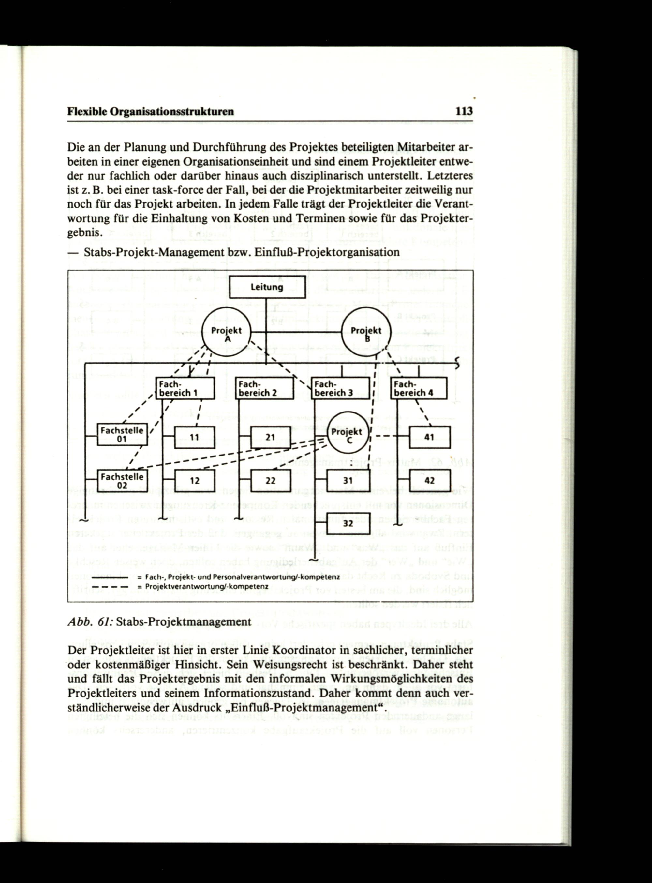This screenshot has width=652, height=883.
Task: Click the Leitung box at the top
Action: point(267,287)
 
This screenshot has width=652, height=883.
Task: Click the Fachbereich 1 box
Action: point(185,388)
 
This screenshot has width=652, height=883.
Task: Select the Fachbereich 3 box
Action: point(341,388)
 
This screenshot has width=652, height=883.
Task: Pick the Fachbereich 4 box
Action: point(419,388)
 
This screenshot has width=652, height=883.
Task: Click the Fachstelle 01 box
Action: point(122,434)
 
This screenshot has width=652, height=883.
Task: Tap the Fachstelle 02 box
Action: point(122,480)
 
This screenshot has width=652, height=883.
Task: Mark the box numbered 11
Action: point(194,437)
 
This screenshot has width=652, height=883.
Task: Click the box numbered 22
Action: point(271,480)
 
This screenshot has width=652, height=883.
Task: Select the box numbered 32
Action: point(348,523)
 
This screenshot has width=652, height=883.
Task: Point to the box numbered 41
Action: point(429,437)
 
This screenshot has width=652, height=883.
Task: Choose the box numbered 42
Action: point(429,480)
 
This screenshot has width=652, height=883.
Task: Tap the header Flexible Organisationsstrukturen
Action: point(151,112)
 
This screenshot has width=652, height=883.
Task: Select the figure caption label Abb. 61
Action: point(90,622)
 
